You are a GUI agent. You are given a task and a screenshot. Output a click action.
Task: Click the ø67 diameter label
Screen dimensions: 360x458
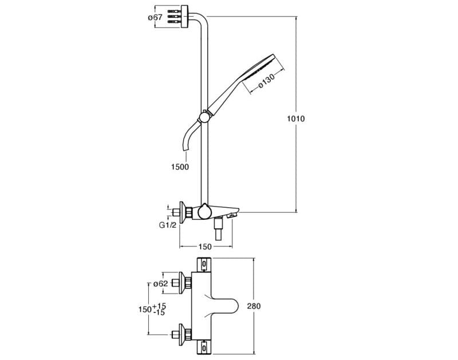tap(155, 17)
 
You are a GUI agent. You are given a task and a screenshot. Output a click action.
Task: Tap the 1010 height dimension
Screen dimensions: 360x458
tap(295, 119)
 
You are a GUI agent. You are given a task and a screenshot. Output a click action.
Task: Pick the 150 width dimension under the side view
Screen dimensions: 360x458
tap(205, 247)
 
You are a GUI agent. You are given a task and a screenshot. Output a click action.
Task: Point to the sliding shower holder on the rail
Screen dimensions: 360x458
tap(203, 118)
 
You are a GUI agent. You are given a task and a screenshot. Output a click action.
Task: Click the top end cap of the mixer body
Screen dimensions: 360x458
tap(204, 264)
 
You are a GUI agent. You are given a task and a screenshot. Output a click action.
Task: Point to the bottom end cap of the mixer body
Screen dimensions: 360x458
tap(204, 347)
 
